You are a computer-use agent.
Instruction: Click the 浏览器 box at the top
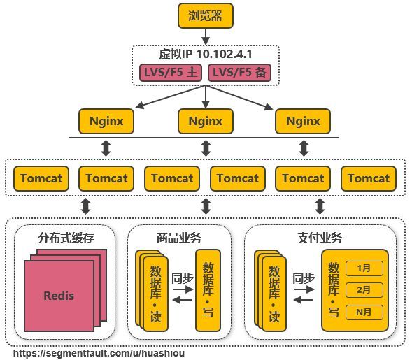205,15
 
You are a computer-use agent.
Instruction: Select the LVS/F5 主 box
171,73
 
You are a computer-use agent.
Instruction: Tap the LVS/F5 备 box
239,73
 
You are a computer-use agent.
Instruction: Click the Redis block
59,296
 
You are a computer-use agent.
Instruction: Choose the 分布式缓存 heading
64,238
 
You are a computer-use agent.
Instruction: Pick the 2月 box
364,289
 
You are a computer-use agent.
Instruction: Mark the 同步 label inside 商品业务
182,278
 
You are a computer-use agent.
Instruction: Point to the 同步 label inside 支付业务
304,278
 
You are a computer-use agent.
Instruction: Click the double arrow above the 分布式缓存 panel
86,206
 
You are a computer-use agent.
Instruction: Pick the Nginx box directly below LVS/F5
205,122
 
